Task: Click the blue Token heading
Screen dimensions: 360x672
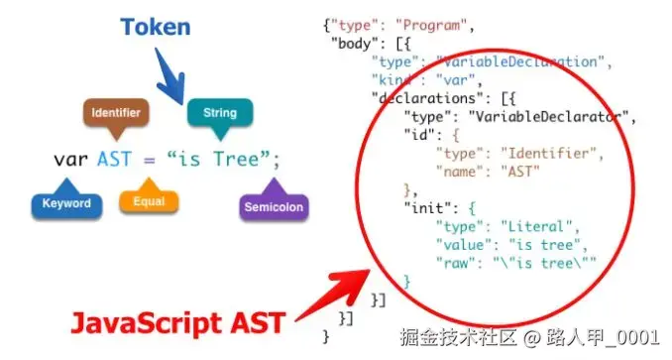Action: (x=156, y=27)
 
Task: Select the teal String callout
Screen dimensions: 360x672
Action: (x=219, y=113)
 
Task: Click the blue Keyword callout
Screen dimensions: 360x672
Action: (x=66, y=204)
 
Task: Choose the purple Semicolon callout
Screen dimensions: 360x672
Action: (x=274, y=207)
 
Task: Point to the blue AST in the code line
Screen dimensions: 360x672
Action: (x=114, y=159)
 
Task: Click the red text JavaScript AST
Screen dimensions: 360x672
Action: (x=176, y=324)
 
